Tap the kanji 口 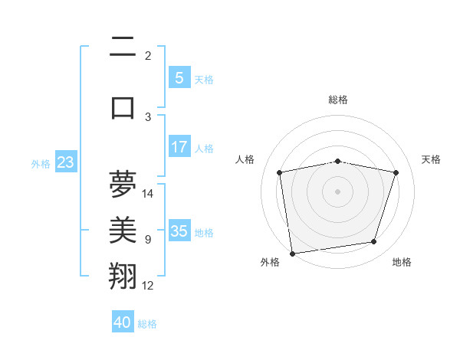(123, 107)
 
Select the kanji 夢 (123, 184)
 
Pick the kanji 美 (123, 230)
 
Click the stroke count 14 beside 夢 (148, 193)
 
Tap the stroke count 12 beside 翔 (148, 286)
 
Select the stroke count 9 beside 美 (148, 240)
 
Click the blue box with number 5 (179, 77)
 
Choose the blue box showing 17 (179, 146)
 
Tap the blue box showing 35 (179, 231)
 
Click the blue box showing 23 (64, 162)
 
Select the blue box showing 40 (123, 322)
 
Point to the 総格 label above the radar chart (338, 100)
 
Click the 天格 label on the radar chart (431, 159)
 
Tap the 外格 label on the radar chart (270, 262)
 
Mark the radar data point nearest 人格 (280, 173)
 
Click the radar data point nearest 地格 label (374, 242)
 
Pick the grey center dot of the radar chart (338, 191)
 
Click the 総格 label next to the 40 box (147, 324)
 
